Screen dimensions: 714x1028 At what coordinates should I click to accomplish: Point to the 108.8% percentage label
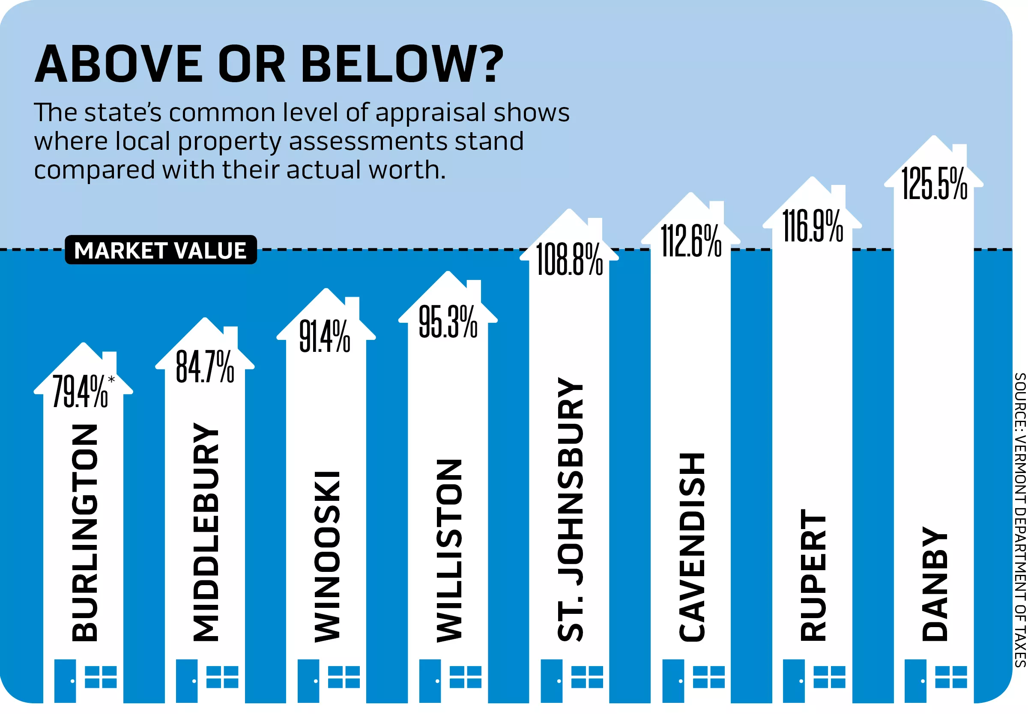[569, 259]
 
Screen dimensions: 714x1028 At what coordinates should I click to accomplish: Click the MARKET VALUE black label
[161, 250]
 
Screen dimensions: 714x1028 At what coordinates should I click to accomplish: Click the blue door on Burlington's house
[65, 680]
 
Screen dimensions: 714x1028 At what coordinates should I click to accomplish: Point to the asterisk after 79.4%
[111, 380]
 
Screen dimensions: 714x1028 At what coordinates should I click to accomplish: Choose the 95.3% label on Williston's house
[448, 321]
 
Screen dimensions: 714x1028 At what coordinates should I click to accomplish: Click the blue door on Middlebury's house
[187, 680]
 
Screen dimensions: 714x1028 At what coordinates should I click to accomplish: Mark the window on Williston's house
[465, 676]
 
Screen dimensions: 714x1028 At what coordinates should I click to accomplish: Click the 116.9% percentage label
[812, 226]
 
